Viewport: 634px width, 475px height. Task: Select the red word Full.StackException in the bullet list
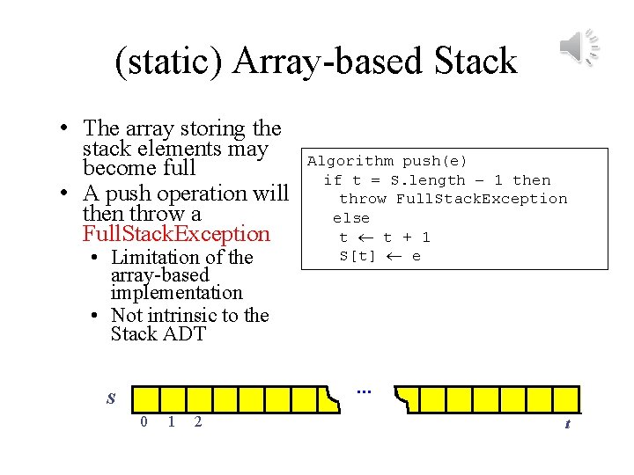176,234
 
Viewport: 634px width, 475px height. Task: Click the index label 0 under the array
144,422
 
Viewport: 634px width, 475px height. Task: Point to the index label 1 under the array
171,422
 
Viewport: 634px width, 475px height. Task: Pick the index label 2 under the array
197,422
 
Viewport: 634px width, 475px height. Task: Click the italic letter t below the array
567,424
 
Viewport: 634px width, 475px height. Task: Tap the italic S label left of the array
111,398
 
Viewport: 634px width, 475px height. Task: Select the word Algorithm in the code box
350,161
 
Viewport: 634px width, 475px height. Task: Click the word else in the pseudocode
351,218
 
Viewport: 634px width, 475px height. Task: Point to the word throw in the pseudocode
363,199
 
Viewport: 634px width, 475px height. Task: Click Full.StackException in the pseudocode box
482,199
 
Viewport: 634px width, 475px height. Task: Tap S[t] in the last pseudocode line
358,256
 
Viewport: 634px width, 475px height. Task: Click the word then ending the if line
531,180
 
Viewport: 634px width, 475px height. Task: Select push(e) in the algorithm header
435,161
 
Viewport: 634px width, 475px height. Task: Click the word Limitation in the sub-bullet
155,258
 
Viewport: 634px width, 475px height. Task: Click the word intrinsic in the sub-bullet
188,315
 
